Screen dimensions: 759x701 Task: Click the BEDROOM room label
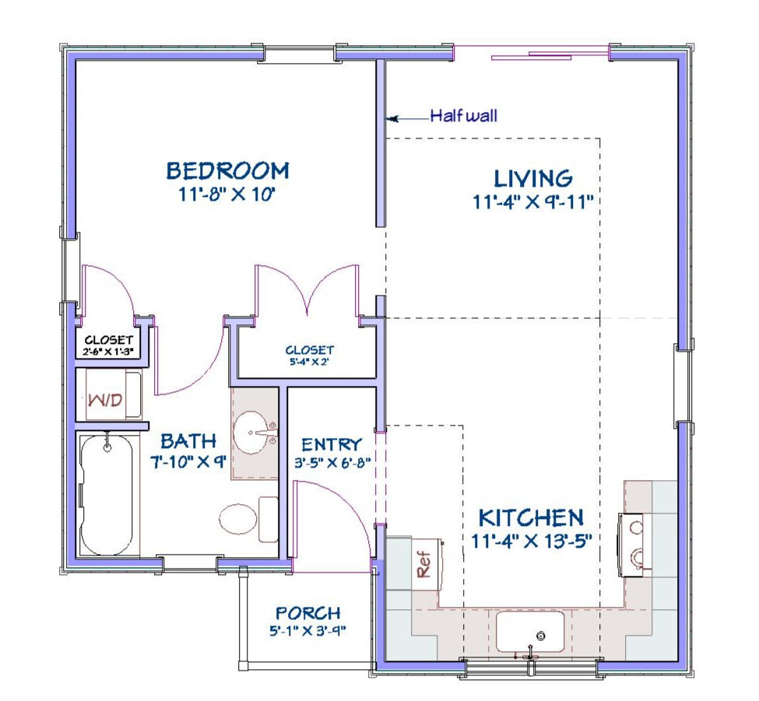[x=227, y=170]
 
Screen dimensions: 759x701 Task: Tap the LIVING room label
[x=533, y=178]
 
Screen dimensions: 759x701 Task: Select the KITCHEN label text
[x=531, y=518]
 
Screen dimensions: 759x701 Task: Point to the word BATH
[x=188, y=441]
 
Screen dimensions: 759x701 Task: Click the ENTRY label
[x=332, y=444]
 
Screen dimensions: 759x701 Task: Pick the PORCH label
[x=307, y=613]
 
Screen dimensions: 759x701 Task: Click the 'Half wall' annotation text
[x=464, y=116]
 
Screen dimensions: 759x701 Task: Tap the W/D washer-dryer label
[x=105, y=400]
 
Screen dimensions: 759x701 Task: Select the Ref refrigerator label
[x=423, y=564]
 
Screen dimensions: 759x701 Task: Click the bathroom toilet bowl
[x=237, y=519]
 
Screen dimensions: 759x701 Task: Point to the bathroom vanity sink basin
[x=251, y=433]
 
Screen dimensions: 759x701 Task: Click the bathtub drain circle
[x=107, y=448]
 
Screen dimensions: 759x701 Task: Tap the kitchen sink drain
[x=542, y=636]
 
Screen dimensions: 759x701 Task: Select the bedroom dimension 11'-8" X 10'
[x=227, y=195]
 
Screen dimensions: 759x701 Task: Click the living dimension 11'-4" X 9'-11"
[x=533, y=202]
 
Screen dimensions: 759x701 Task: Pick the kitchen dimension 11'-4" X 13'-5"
[x=532, y=541]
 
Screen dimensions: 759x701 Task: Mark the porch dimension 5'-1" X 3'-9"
[x=307, y=631]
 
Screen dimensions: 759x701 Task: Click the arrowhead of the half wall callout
[x=392, y=118]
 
